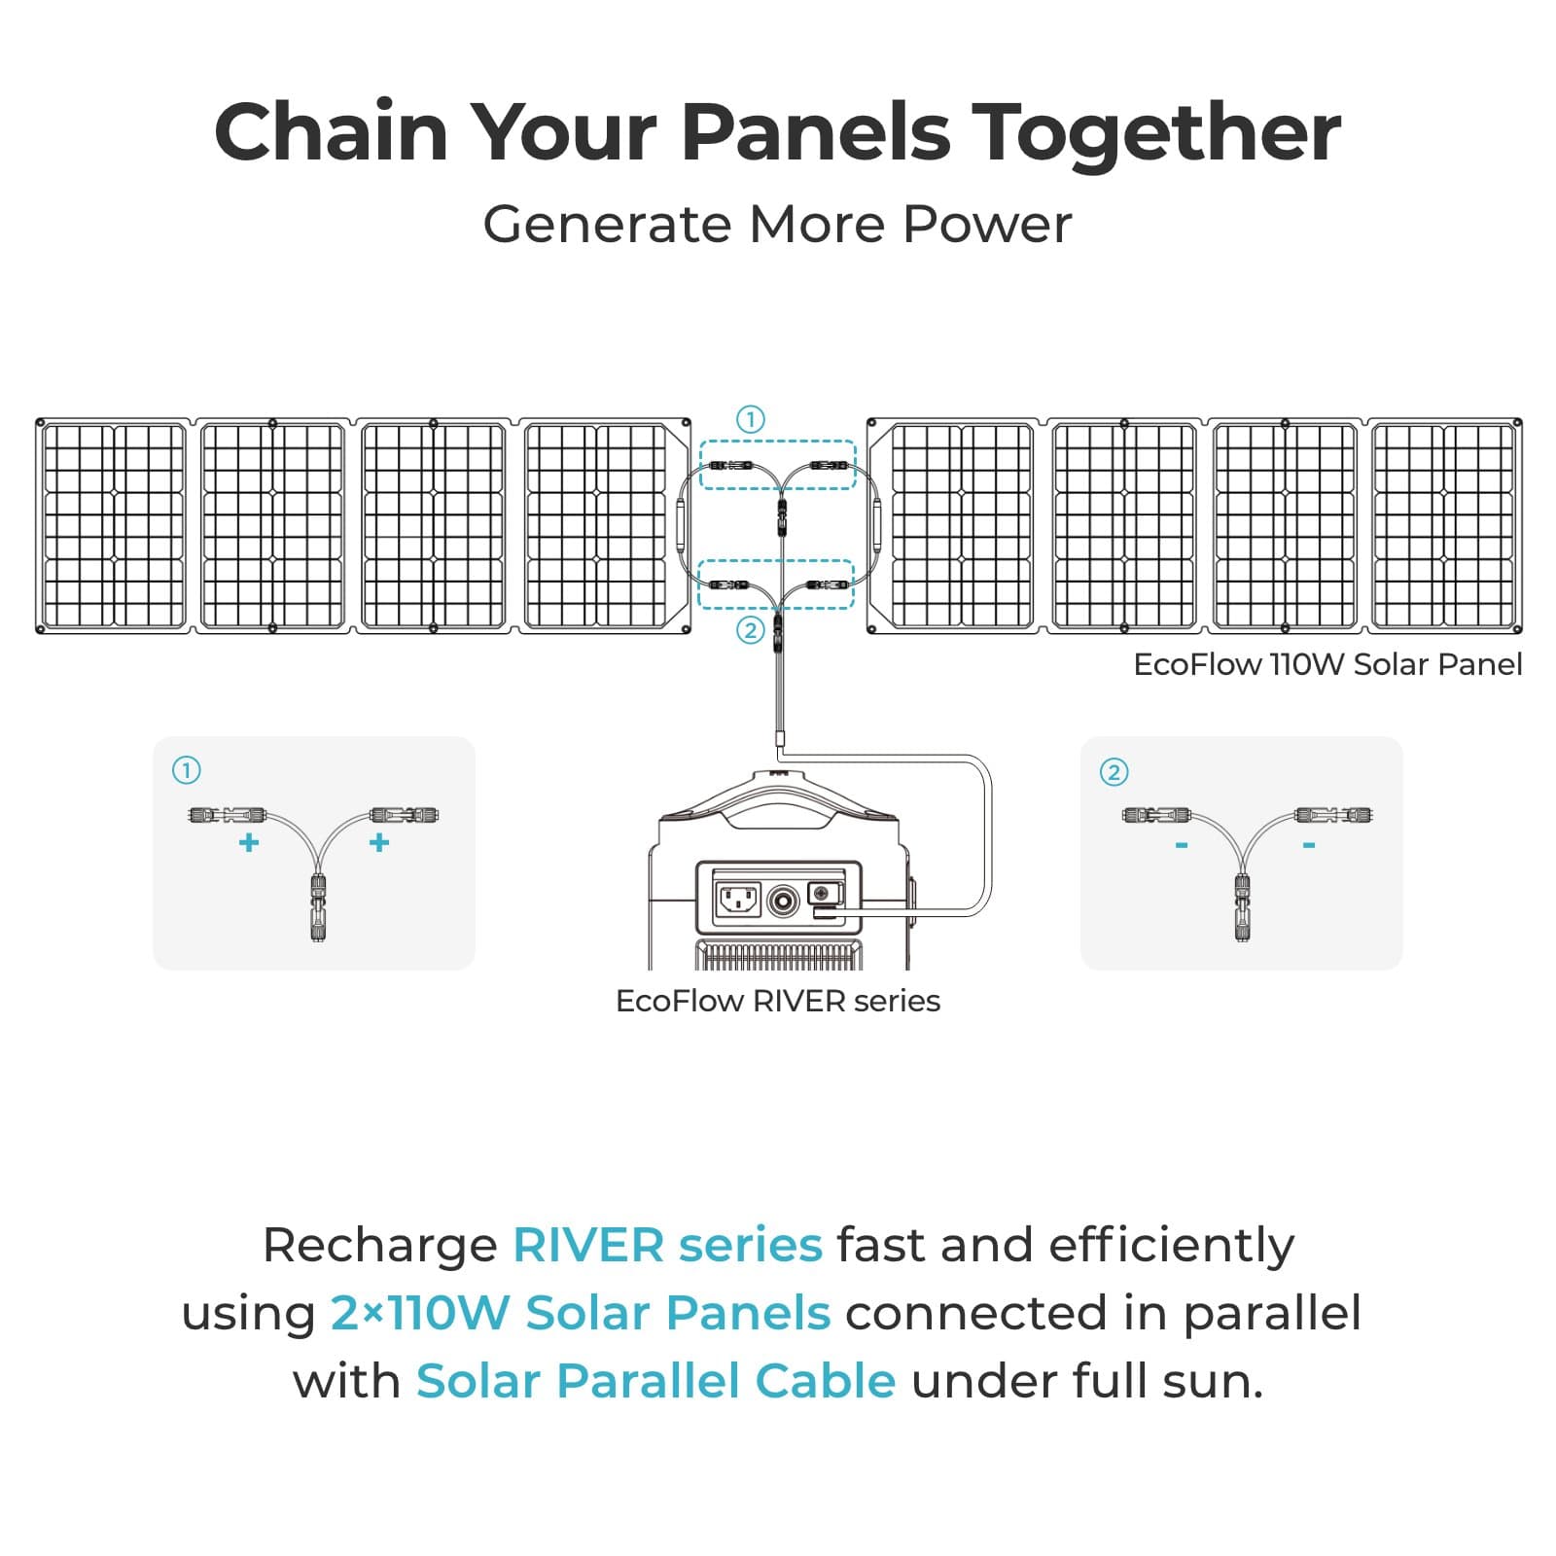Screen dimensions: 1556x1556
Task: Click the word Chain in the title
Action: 331,132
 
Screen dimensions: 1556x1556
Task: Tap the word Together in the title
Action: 1157,134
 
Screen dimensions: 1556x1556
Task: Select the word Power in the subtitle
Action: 987,225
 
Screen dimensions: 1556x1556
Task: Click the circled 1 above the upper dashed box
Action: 750,419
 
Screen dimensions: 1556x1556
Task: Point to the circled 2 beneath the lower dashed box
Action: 750,630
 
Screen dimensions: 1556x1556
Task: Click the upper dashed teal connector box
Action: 778,465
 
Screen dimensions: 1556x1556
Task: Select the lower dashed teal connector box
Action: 776,584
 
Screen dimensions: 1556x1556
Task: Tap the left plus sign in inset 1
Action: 249,842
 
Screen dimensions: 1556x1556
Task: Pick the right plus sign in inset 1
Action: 379,842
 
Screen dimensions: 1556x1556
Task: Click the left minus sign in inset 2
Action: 1182,845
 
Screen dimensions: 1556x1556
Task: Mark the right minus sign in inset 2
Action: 1309,845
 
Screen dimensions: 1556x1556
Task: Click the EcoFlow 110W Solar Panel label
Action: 1327,665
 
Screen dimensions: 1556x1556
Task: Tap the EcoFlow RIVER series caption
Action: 778,1001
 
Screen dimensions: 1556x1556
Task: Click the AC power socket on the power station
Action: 738,900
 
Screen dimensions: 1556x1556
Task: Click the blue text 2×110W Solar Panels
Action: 581,1313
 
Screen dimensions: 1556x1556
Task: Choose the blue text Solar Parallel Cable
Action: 655,1381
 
